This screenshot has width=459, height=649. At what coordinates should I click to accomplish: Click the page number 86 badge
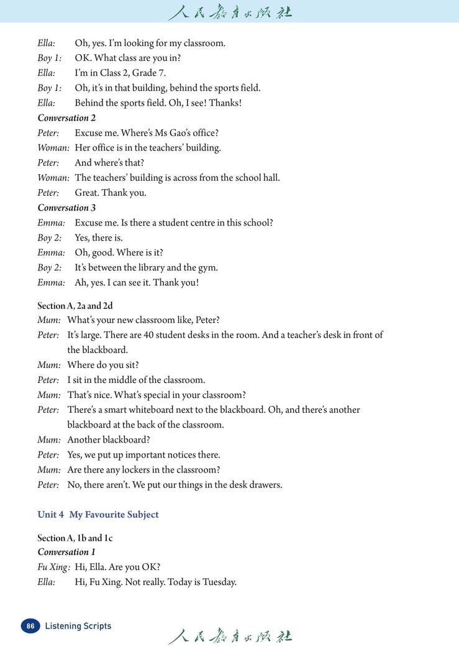tap(30, 626)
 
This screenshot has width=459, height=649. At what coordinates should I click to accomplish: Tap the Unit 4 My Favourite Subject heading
tap(98, 515)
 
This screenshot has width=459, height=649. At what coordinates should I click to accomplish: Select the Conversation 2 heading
tap(66, 117)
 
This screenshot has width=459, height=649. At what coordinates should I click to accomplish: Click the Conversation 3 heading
tap(66, 208)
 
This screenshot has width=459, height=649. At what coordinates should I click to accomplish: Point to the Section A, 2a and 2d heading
tap(75, 305)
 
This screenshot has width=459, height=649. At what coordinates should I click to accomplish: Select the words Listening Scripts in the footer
tap(78, 626)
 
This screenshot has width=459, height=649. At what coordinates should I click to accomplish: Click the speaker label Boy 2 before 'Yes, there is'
tap(50, 237)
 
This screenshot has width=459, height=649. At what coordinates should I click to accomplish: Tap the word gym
tap(207, 268)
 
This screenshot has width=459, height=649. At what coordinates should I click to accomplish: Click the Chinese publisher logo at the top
tap(230, 12)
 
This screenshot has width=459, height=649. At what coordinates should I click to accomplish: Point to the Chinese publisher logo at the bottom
tap(230, 636)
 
